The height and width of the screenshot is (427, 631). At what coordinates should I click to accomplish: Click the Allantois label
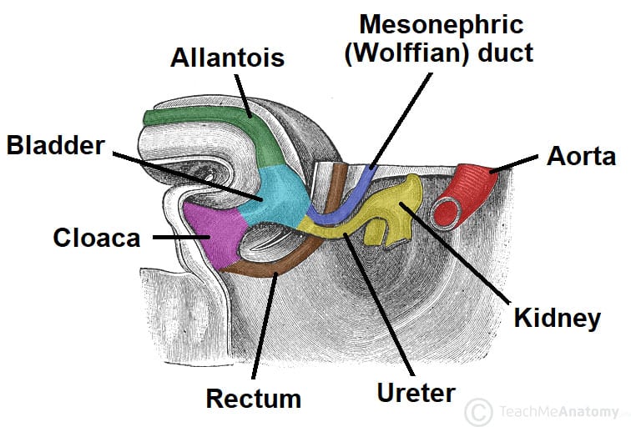pyautogui.click(x=227, y=58)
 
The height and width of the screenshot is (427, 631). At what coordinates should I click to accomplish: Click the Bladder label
pyautogui.click(x=56, y=146)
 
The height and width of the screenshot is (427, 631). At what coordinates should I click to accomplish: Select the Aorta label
pyautogui.click(x=581, y=156)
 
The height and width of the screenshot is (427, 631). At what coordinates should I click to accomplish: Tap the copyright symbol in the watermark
pyautogui.click(x=478, y=411)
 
